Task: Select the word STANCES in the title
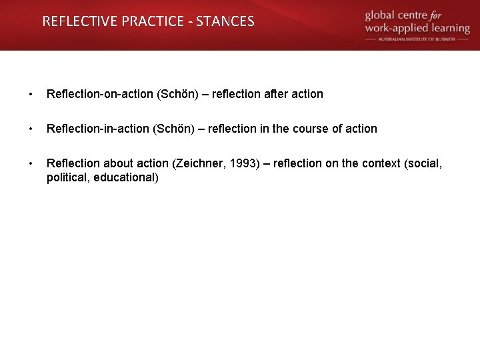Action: click(225, 21)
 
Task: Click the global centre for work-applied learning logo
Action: click(417, 23)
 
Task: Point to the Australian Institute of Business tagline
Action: click(417, 39)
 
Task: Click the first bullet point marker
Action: click(30, 94)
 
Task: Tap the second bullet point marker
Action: click(30, 129)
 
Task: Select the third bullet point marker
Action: click(30, 163)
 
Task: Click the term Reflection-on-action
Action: click(100, 94)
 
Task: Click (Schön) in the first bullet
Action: click(177, 94)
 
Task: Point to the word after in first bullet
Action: click(276, 94)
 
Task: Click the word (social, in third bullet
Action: click(423, 163)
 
